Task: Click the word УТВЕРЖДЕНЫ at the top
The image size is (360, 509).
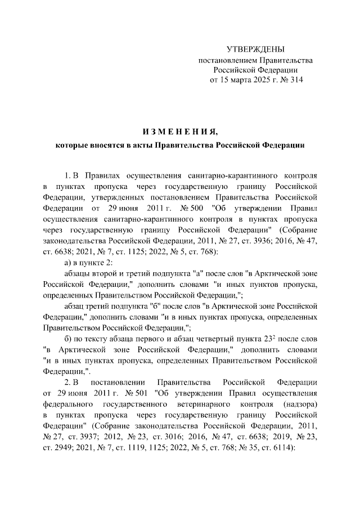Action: pyautogui.click(x=255, y=50)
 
